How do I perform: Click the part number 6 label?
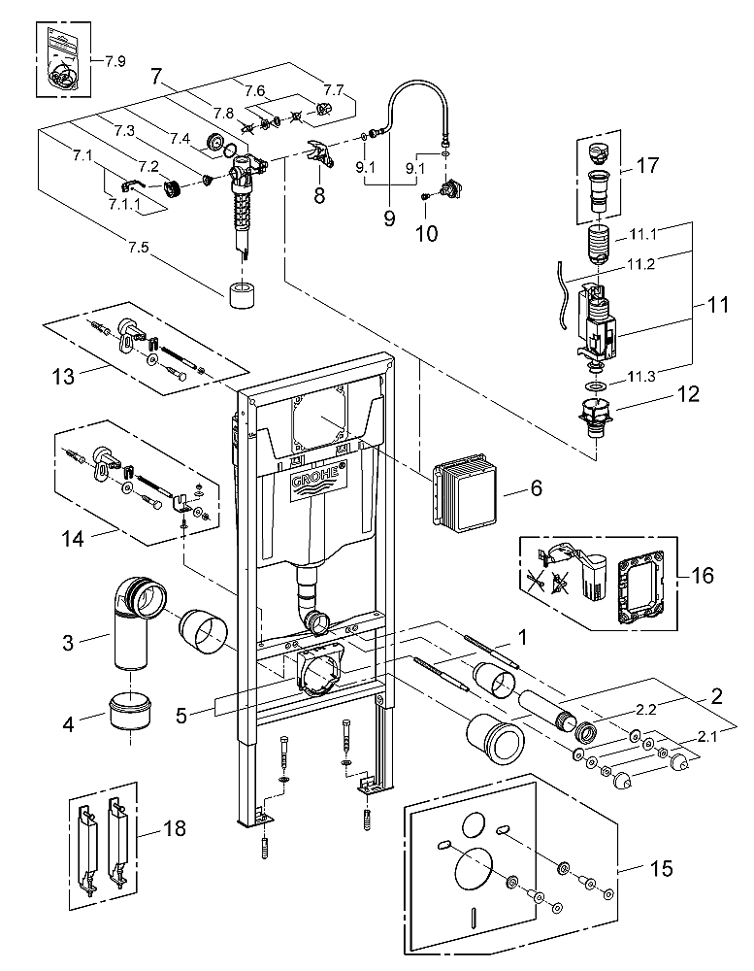[x=536, y=488]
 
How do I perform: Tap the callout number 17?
[x=647, y=165]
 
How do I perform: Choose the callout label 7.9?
[x=115, y=61]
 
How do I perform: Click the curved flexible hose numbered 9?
[x=409, y=115]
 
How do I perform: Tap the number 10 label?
[x=427, y=233]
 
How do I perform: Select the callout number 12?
[x=688, y=394]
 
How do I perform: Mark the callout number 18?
[x=174, y=828]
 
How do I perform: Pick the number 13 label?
[x=63, y=376]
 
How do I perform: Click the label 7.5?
[x=139, y=247]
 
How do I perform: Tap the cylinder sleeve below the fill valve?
[x=243, y=295]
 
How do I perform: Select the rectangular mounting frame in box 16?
[x=640, y=586]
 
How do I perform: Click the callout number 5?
[x=180, y=716]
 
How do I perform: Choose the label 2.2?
[x=644, y=710]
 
